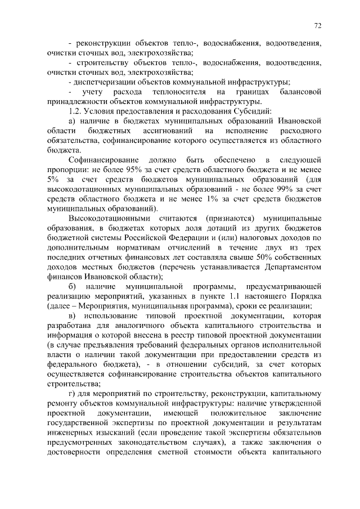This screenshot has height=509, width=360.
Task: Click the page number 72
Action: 318,25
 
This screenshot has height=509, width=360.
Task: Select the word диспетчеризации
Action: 103,82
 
